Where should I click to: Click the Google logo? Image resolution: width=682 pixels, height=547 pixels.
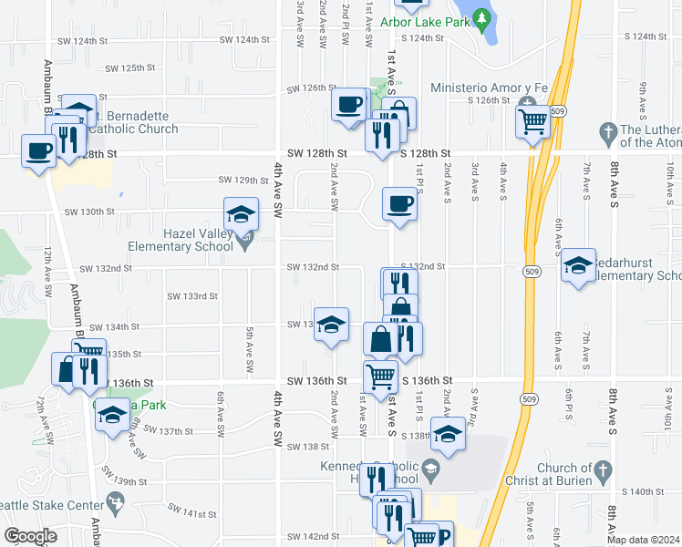click(x=30, y=536)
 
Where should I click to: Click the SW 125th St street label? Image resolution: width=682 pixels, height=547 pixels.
click(x=131, y=68)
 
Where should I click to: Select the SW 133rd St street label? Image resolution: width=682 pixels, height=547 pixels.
click(x=191, y=296)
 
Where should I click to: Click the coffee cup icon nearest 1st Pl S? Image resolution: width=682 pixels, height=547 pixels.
click(x=398, y=204)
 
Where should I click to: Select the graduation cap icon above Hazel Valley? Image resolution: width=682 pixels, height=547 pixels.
click(x=241, y=214)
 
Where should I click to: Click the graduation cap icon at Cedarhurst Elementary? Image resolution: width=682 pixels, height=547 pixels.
click(x=578, y=265)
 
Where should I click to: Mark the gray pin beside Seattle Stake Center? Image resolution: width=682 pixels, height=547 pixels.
click(x=115, y=501)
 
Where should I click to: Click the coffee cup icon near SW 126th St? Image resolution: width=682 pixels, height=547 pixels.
click(x=348, y=104)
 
